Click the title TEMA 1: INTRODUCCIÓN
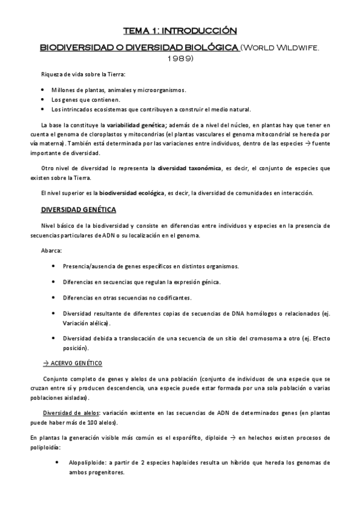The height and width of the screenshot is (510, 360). point(180,29)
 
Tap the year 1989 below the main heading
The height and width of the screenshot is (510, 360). point(180,58)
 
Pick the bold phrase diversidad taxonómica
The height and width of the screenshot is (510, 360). point(186,168)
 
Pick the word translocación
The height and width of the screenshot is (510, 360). point(129,339)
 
